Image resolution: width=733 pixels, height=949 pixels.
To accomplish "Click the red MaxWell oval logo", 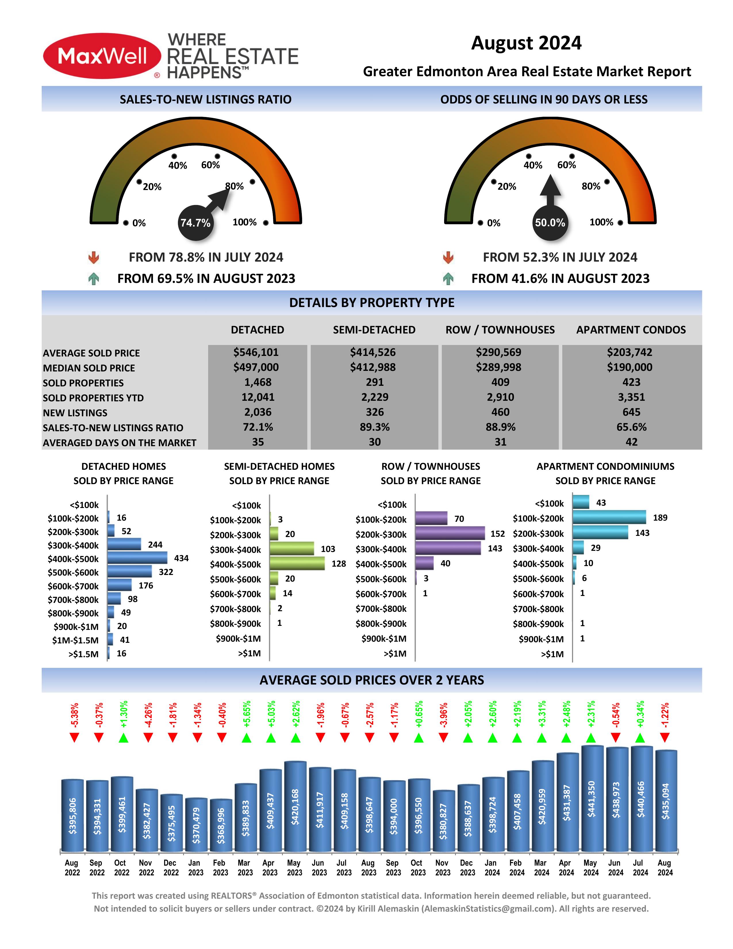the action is click(102, 56).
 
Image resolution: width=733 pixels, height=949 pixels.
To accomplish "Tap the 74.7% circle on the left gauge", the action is click(195, 223).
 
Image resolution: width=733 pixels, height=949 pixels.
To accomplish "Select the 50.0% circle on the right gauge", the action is click(550, 223).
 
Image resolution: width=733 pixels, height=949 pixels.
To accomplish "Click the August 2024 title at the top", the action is click(526, 43).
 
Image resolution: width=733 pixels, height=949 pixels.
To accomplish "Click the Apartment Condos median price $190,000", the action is click(630, 367).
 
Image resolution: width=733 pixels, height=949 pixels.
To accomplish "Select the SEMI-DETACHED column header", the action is click(374, 330).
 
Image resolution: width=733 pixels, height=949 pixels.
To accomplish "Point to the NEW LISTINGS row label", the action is click(75, 413).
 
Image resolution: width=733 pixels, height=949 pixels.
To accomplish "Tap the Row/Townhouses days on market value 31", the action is click(500, 442).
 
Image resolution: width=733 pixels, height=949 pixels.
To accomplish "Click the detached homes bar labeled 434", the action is click(137, 557).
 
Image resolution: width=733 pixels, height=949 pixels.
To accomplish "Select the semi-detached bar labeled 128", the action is click(297, 563).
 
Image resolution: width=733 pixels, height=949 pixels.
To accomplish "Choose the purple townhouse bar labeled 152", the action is click(450, 533).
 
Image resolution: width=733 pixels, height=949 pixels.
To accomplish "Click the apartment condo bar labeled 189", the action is click(609, 517).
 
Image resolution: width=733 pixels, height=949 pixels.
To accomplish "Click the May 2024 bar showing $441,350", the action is click(592, 798).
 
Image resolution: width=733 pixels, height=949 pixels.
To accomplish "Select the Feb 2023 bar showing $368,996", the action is click(221, 825).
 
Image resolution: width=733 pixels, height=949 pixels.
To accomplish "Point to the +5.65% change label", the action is click(246, 714).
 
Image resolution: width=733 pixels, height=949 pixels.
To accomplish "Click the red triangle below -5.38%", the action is click(74, 737).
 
